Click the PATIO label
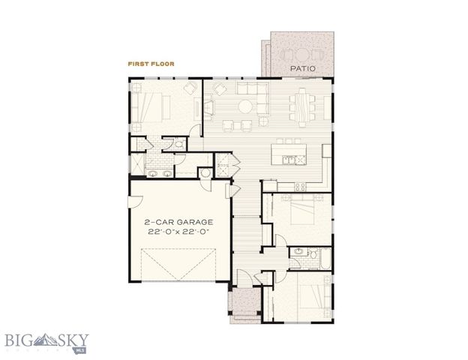304,69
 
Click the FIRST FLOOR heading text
151,64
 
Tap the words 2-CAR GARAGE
178,222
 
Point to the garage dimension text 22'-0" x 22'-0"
178,232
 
